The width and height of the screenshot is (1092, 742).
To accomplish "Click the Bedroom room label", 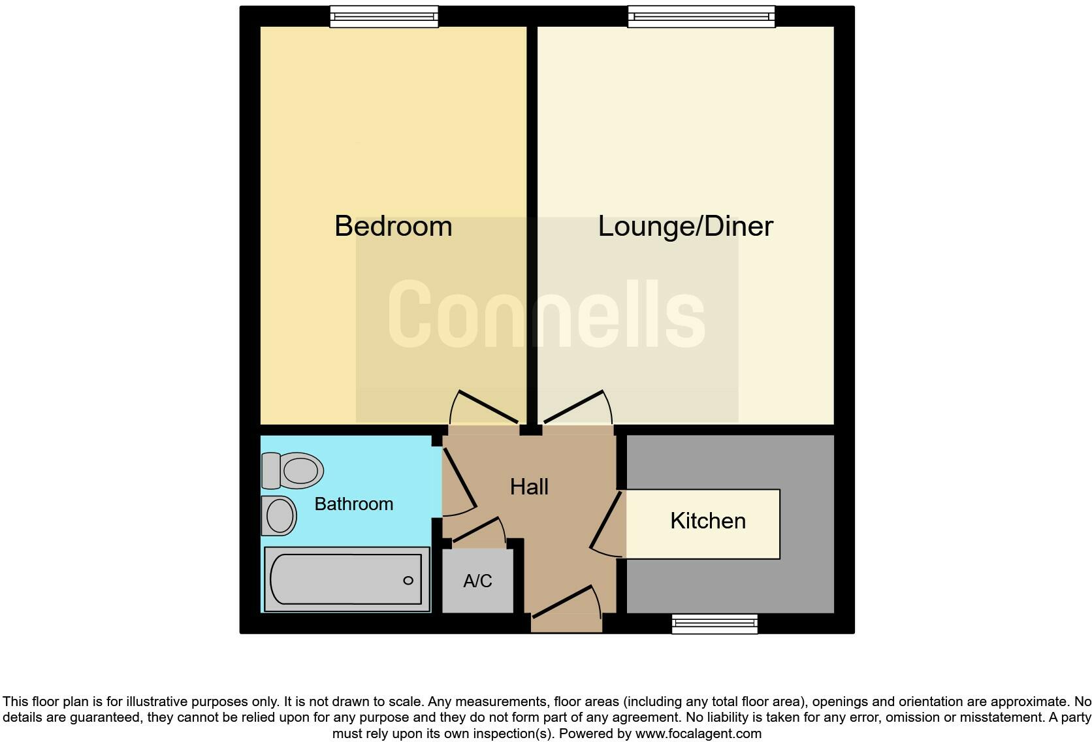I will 393,226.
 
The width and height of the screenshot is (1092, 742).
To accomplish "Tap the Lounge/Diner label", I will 685,226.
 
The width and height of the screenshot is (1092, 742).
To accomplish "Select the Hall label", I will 529,487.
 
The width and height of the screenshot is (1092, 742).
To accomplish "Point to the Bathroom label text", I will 353,504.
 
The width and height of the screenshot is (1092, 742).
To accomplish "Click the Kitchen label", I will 708,521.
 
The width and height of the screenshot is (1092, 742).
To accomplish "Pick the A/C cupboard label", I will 477,581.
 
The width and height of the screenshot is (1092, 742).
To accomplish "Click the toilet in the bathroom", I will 293,470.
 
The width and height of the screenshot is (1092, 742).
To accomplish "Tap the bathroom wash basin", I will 279,515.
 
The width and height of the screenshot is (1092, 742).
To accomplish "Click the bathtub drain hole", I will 408,580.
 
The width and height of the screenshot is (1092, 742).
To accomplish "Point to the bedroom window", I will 383,16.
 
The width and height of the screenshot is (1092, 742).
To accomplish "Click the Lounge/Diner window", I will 701,16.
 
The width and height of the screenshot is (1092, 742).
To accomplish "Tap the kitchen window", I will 715,624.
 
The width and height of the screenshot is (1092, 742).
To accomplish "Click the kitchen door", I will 606,524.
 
